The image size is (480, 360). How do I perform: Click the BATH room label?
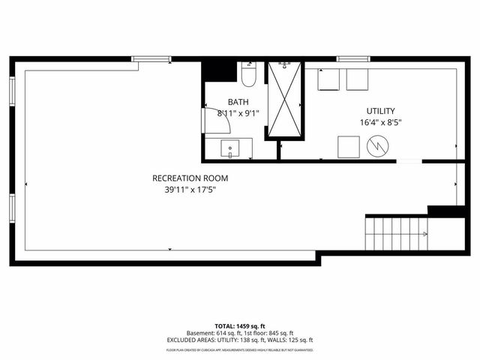pyautogui.click(x=238, y=102)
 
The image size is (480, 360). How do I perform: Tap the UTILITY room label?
pyautogui.click(x=380, y=110)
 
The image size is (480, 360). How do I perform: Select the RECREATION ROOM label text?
pyautogui.click(x=190, y=178)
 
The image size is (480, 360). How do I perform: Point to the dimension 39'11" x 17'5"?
pyautogui.click(x=190, y=190)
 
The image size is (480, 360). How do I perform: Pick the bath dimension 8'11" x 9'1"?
pyautogui.click(x=238, y=114)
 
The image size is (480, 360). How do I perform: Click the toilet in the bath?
pyautogui.click(x=250, y=74)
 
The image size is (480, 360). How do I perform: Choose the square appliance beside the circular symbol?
pyautogui.click(x=349, y=146)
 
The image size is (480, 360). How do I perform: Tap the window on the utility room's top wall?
pyautogui.click(x=351, y=58)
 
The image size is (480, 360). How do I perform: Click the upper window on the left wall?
pyautogui.click(x=12, y=91)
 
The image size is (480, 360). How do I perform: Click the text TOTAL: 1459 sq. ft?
pyautogui.click(x=240, y=326)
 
